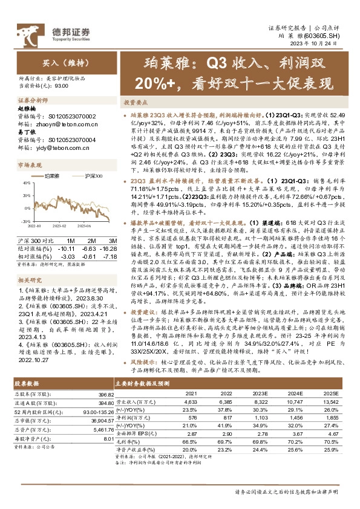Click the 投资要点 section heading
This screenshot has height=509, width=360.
click(137, 103)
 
